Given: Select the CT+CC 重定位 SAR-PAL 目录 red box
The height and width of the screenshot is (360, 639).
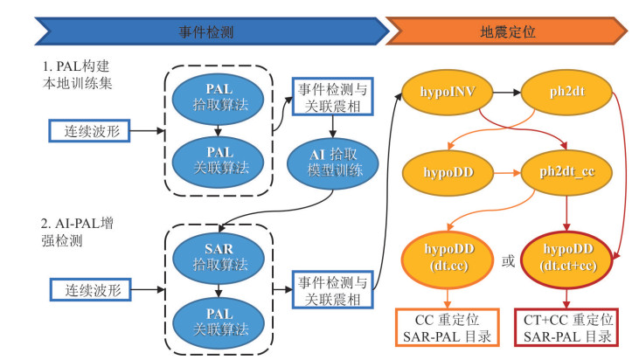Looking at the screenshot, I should coord(573,328).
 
